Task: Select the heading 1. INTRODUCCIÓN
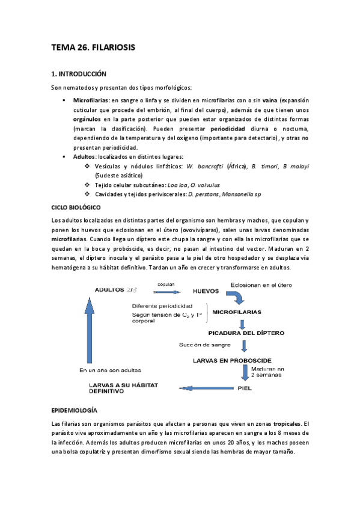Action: tap(78, 74)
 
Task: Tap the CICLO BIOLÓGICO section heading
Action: tap(79, 207)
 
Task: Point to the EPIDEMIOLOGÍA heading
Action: tap(74, 410)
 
